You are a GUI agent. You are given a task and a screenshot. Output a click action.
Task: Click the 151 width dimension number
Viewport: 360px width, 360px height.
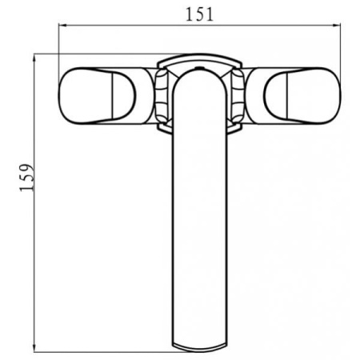pyautogui.click(x=199, y=14)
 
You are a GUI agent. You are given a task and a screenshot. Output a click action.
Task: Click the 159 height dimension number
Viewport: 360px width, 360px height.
pyautogui.click(x=27, y=178)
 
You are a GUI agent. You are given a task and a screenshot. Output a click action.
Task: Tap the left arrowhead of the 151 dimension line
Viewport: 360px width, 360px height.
pyautogui.click(x=62, y=26)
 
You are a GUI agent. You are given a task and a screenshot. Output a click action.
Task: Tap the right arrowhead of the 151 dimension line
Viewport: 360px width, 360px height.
pyautogui.click(x=337, y=26)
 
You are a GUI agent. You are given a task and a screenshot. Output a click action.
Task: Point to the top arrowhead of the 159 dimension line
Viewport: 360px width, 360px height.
pyautogui.click(x=34, y=58)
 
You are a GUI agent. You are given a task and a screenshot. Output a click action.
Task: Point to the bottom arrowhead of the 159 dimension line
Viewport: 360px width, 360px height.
pyautogui.click(x=34, y=348)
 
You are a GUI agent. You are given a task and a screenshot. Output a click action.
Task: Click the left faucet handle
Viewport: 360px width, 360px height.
pyautogui.click(x=98, y=96)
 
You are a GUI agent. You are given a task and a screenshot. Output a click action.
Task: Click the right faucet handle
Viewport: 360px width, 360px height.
pyautogui.click(x=302, y=96)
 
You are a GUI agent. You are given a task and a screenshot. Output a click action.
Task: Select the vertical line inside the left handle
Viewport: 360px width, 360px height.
pyautogui.click(x=114, y=96)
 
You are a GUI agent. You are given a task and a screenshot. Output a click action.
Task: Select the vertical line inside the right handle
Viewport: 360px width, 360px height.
pyautogui.click(x=286, y=96)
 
